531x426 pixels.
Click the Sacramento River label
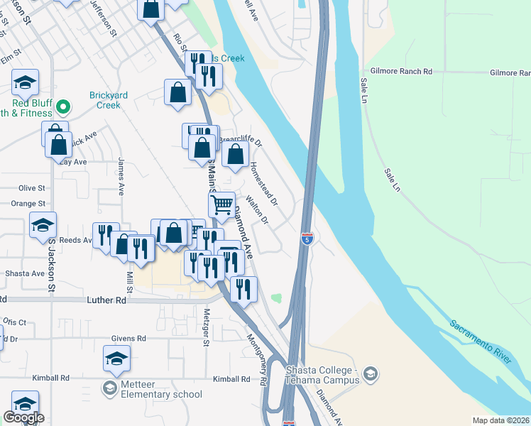[x=481, y=342]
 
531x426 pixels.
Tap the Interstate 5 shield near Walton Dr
[x=307, y=238]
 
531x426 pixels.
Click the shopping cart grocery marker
[x=222, y=204]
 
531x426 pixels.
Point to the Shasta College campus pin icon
[x=369, y=373]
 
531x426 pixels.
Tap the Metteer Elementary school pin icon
[x=109, y=388]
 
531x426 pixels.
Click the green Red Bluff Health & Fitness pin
[x=63, y=107]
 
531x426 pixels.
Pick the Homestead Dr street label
[x=263, y=183]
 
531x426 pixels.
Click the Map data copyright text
[x=501, y=420]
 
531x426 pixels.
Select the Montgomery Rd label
[x=256, y=360]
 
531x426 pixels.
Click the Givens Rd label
[x=128, y=339]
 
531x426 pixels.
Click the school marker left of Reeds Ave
[x=43, y=226]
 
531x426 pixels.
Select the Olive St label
[x=32, y=188]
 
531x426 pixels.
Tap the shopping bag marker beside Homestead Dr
[x=236, y=153]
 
